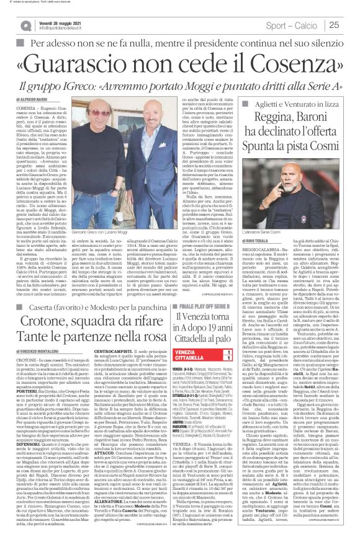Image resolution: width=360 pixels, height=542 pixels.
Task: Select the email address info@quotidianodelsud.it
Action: pyautogui.click(x=61, y=27)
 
